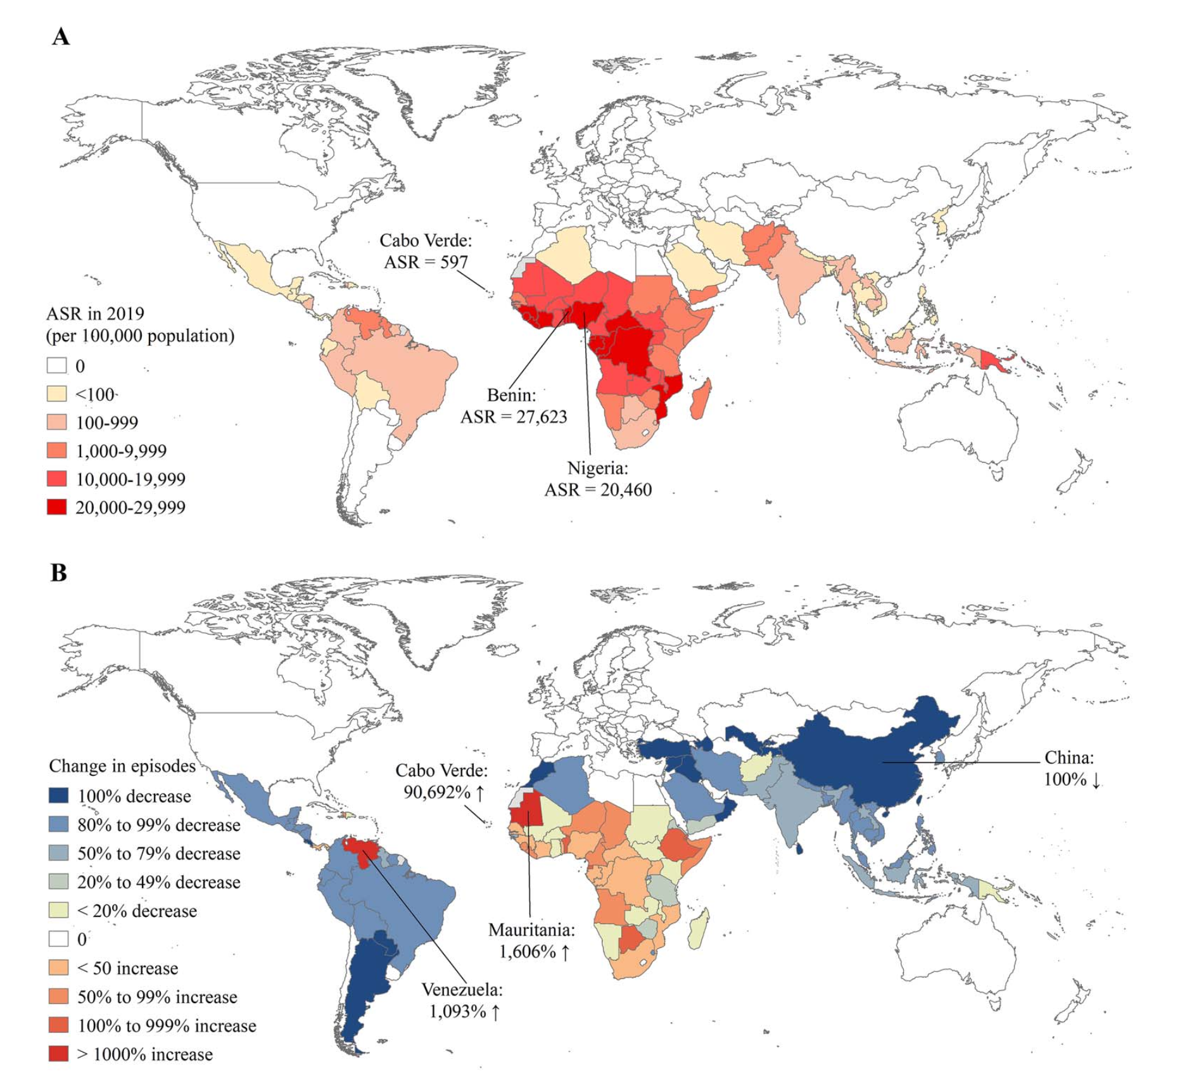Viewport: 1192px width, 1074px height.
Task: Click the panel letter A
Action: (x=61, y=36)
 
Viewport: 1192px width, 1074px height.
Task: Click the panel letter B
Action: (x=59, y=572)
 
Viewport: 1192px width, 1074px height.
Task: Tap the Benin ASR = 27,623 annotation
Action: (x=513, y=406)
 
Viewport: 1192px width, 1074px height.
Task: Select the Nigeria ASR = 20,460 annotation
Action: (x=598, y=479)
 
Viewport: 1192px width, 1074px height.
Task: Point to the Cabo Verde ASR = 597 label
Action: (x=426, y=251)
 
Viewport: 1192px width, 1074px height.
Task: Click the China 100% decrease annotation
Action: (x=1071, y=768)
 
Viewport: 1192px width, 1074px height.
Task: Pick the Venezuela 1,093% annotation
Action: (x=462, y=1001)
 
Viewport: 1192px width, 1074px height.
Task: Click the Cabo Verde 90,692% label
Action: (x=442, y=781)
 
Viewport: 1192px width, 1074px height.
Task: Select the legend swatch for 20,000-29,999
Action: (x=57, y=507)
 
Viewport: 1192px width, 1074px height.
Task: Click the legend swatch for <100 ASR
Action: (x=57, y=394)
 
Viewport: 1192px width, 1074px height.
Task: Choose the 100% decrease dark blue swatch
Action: (x=58, y=795)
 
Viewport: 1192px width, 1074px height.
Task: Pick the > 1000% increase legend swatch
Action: (x=58, y=1054)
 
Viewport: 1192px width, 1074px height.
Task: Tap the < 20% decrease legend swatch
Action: (x=58, y=911)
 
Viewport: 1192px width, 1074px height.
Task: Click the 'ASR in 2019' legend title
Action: (x=95, y=313)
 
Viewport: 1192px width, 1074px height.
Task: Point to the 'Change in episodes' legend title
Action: (x=122, y=766)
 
